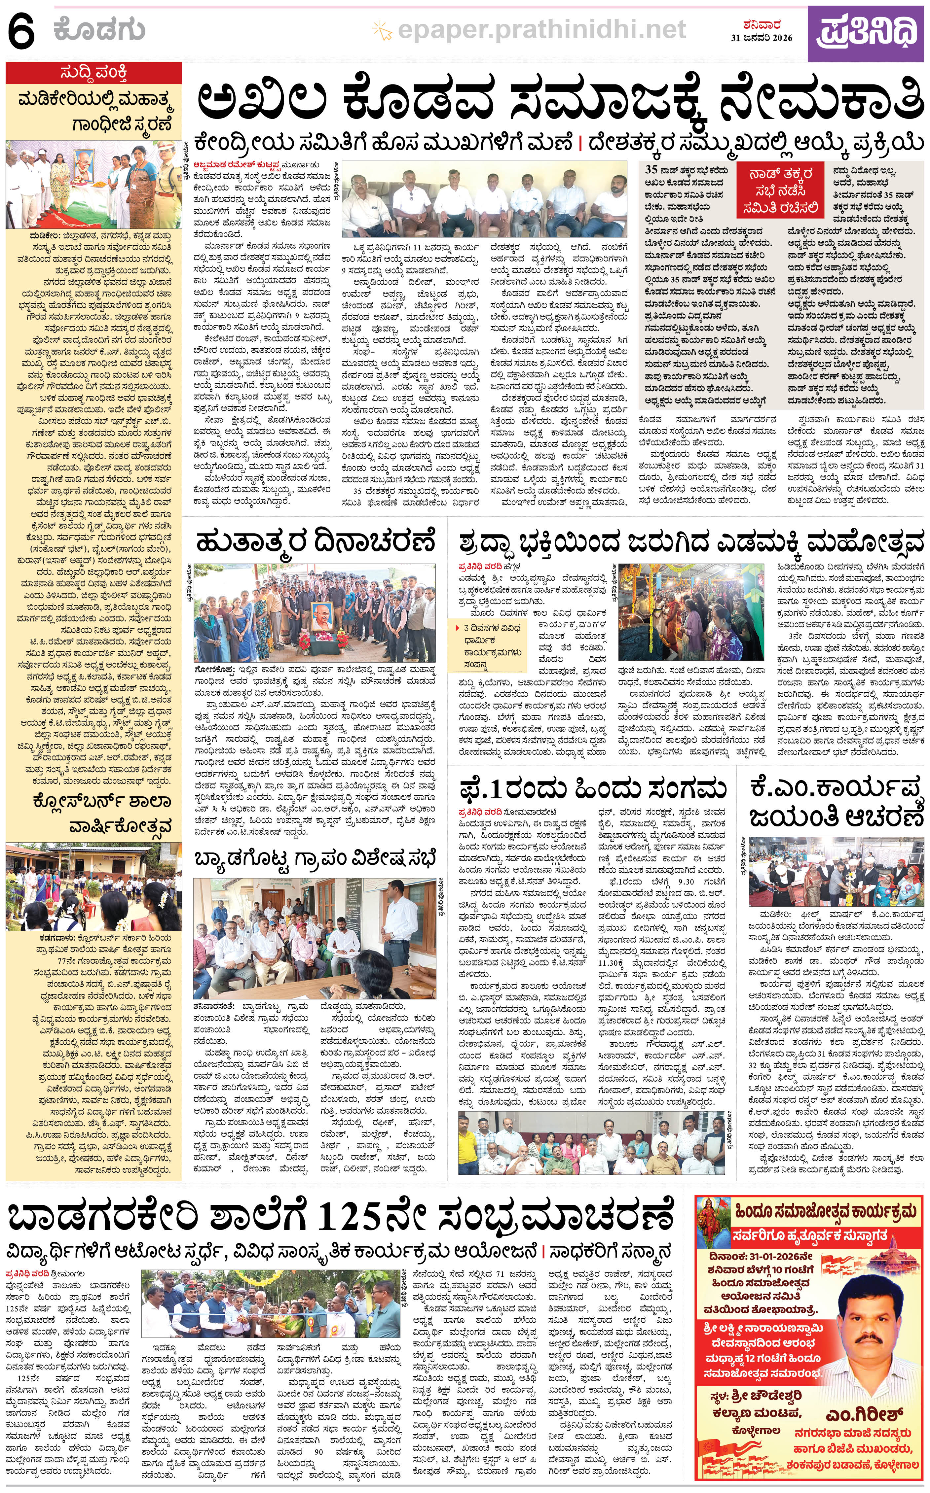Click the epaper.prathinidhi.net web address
pyautogui.click(x=541, y=29)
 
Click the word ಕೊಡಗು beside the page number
pyautogui.click(x=100, y=29)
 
